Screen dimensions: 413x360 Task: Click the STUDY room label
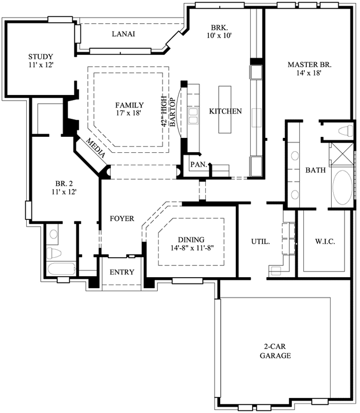(x=40, y=56)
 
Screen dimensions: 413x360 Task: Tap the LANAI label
(x=123, y=34)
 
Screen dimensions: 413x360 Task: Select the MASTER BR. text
(x=309, y=65)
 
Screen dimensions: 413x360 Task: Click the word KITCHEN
(x=225, y=111)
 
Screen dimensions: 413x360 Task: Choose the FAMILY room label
(x=129, y=105)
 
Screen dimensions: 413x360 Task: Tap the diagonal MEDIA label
(x=96, y=149)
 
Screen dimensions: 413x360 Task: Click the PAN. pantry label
(x=199, y=165)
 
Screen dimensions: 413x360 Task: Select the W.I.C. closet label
(x=326, y=241)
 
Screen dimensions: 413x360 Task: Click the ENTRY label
(x=122, y=272)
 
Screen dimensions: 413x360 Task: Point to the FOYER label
(x=122, y=219)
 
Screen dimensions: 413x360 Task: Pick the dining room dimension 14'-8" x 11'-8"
(x=191, y=248)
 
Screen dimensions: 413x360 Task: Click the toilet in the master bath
(x=345, y=131)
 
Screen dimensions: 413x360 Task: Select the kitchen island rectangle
(x=225, y=109)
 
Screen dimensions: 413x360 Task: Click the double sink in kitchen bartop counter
(x=194, y=116)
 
